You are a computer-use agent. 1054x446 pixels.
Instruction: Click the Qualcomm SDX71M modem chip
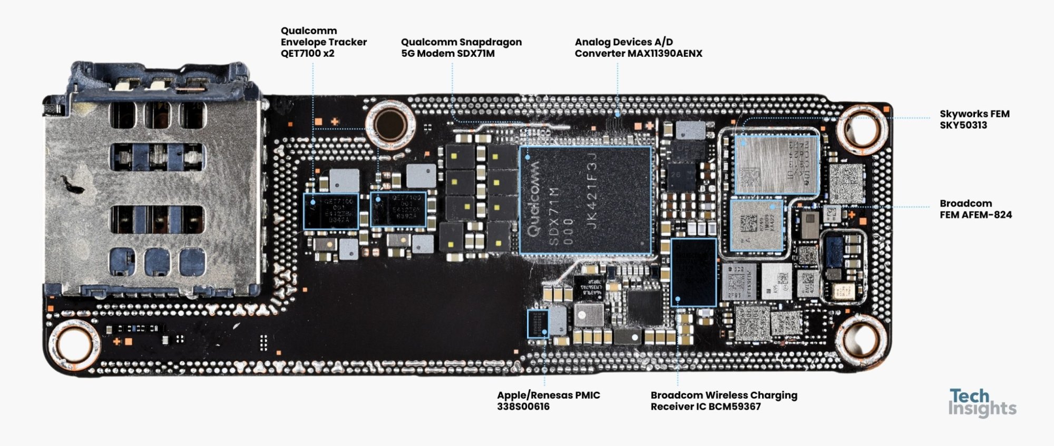coord(585,200)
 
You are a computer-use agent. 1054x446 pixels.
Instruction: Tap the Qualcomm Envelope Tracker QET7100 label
coord(323,42)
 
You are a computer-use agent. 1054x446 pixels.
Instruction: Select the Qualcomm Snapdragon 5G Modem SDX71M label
coord(461,47)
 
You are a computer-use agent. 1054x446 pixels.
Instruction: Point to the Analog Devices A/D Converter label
coord(638,47)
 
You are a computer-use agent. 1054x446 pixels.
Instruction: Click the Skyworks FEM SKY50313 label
coord(974,120)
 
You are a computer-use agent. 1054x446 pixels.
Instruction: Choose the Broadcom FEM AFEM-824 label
coord(975,209)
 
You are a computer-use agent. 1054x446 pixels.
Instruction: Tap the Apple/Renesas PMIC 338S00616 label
coord(548,401)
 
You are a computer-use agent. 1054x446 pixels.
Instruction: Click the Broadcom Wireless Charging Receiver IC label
coord(724,401)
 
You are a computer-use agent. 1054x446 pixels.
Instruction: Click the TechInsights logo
coord(982,403)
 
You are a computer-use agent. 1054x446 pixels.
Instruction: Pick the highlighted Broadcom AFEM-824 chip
coord(757,225)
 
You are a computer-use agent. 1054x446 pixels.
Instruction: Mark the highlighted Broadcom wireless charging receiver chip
coord(694,272)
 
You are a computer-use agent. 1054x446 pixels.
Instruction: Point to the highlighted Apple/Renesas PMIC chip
coord(538,324)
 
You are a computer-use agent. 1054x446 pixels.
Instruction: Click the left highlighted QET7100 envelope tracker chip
coord(331,211)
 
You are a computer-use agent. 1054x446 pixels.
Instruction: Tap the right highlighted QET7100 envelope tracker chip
coord(398,209)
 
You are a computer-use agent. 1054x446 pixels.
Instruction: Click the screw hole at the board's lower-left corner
coord(74,344)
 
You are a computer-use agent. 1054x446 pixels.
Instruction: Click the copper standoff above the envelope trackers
coord(391,124)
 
